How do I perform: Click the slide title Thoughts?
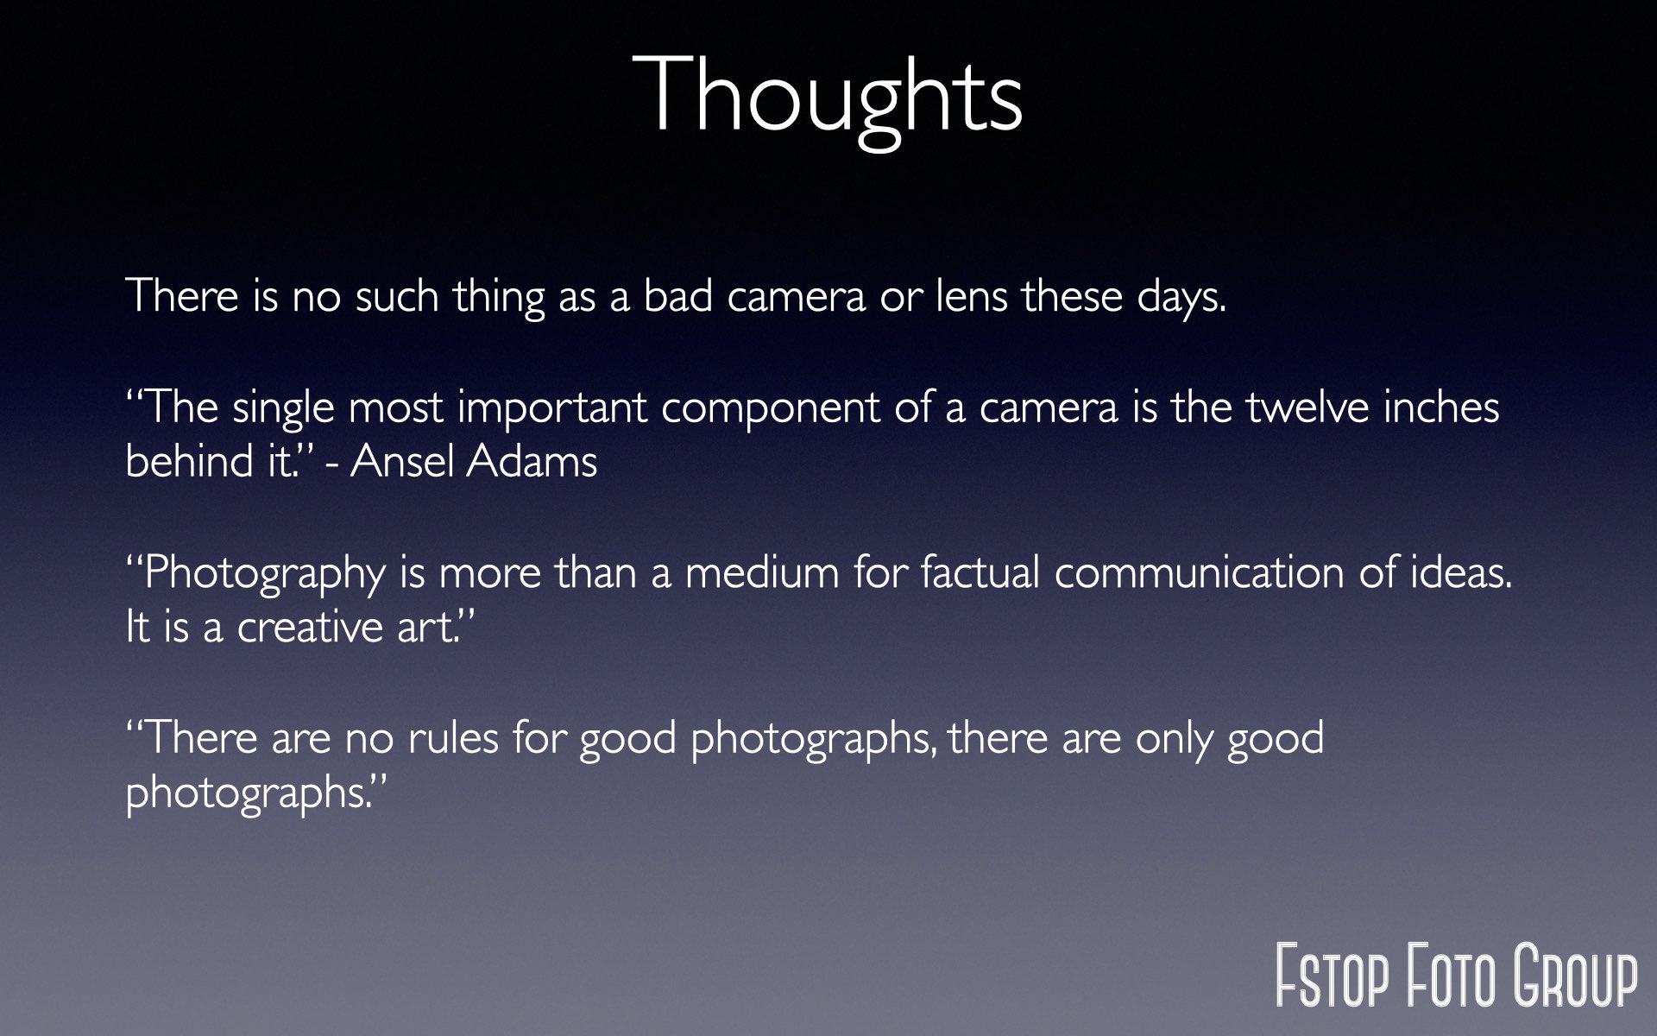(x=828, y=97)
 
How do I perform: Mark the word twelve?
(x=1307, y=407)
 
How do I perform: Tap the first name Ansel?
(x=402, y=461)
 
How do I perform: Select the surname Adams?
(x=532, y=461)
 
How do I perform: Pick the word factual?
(x=980, y=572)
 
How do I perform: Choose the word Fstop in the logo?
(x=1333, y=976)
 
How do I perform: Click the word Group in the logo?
(x=1576, y=976)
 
